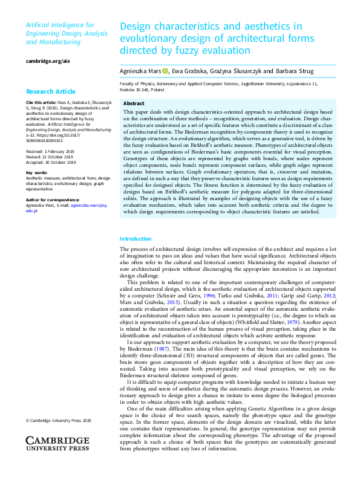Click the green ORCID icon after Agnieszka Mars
[x=166, y=71]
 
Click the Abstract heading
[x=134, y=103]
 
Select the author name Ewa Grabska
[x=189, y=71]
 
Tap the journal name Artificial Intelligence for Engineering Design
[x=60, y=30]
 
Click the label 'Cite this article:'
[x=38, y=103]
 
